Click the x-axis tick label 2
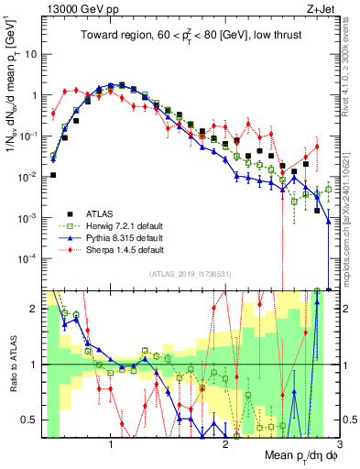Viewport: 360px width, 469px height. (225, 444)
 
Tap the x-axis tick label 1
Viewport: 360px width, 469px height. (111, 444)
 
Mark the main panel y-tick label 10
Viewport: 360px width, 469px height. (29, 54)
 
